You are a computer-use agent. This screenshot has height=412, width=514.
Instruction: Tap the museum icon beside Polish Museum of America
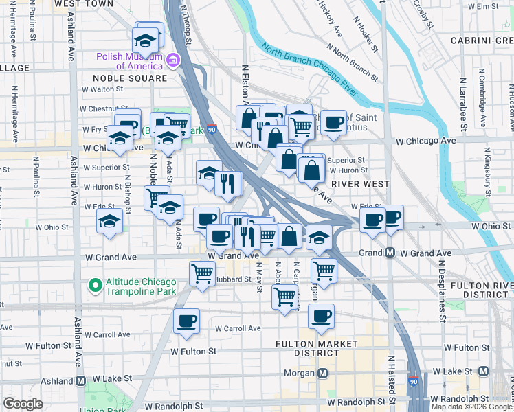coord(174,60)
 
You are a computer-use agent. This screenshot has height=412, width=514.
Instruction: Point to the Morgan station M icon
coord(322,373)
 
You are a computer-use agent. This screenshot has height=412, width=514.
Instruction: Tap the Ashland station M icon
coord(80,380)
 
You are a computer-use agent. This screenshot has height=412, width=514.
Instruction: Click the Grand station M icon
coord(390,253)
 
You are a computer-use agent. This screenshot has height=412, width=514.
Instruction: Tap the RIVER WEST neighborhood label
coord(359,184)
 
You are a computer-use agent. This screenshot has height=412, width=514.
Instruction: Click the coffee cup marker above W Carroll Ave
coord(186,321)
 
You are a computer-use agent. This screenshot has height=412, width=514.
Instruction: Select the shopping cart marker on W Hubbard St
coord(202,273)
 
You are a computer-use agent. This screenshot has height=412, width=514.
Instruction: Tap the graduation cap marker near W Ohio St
coord(109,221)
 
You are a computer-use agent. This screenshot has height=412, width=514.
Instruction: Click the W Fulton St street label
coord(193,351)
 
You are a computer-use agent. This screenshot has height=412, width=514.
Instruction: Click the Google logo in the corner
coord(23,404)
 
